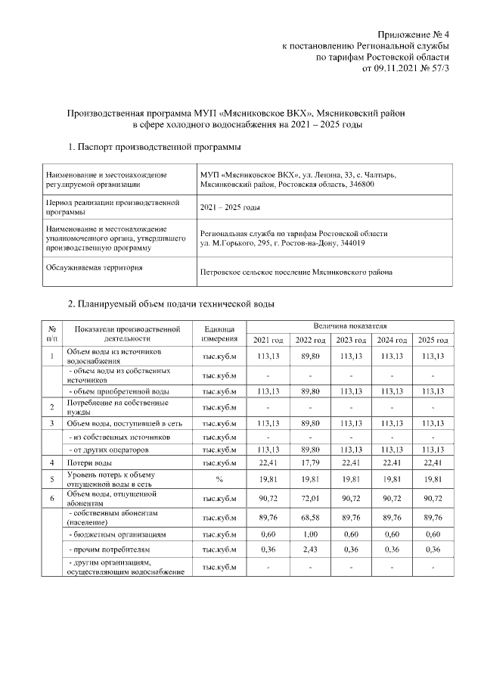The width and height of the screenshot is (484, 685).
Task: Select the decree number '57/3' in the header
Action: point(437,68)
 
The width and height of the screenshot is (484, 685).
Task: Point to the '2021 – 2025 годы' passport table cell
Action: point(230,207)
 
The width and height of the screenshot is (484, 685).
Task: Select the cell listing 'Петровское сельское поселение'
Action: point(296,272)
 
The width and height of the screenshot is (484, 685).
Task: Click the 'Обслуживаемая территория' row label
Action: point(95,267)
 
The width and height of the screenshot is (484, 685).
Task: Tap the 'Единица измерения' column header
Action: point(220,333)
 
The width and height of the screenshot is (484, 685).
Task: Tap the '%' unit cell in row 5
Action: point(220,479)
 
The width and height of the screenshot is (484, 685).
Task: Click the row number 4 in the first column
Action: point(52,462)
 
